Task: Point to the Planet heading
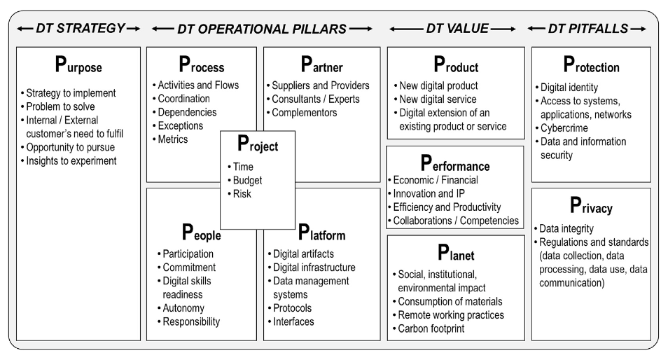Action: (x=455, y=256)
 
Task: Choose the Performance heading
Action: (x=454, y=165)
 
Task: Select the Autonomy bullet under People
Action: (x=183, y=308)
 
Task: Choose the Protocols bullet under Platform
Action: (x=292, y=308)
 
